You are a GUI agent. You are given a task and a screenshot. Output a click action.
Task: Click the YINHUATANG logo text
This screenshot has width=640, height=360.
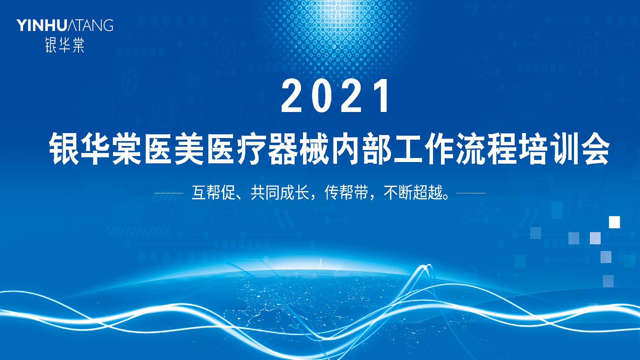[x=65, y=25]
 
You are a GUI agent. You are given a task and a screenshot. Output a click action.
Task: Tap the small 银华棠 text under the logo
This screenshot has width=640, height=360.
[x=65, y=45]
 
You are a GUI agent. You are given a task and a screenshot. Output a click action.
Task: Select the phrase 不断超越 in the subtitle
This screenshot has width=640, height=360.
[x=413, y=193]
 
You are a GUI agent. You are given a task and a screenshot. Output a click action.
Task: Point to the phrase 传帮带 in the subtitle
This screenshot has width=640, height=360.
[x=346, y=193]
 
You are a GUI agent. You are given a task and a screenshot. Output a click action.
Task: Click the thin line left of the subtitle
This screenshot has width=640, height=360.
[x=169, y=193]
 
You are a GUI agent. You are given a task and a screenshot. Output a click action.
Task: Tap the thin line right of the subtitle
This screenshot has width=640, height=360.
[x=471, y=193]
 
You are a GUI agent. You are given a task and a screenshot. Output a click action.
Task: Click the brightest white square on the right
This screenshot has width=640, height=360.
[x=614, y=222]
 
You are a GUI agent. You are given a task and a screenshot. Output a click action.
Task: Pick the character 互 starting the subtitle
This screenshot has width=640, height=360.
[x=199, y=193]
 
